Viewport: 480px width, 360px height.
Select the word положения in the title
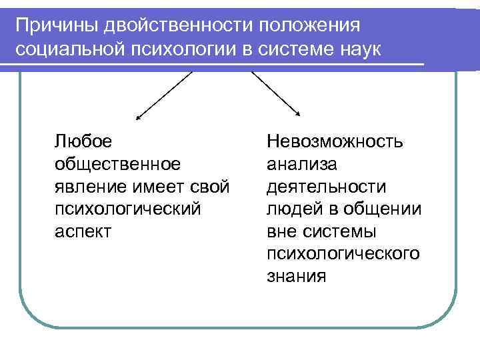coord(313,25)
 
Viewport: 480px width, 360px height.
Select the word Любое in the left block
coord(83,141)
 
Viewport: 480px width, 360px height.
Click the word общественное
coord(117,163)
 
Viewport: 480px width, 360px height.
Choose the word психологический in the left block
coord(127,209)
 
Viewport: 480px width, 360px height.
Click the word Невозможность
coord(334,141)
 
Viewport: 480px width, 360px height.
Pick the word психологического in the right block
coord(343,254)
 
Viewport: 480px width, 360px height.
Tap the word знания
coord(296,277)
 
